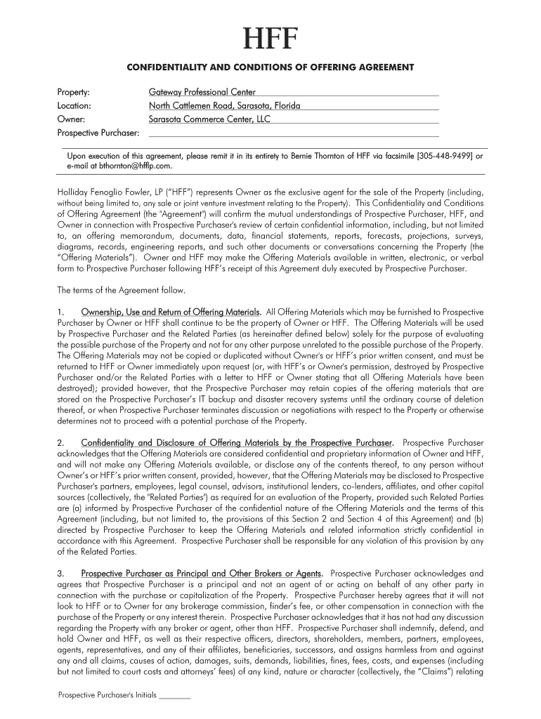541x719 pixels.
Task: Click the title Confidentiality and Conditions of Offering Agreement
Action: coord(270,67)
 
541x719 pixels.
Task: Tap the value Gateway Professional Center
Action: coord(202,92)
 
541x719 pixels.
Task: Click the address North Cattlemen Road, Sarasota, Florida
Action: coord(224,105)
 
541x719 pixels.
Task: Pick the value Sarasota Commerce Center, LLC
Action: coord(209,119)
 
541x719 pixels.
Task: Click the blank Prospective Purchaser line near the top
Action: coord(293,132)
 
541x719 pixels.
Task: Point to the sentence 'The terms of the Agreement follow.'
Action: coord(122,290)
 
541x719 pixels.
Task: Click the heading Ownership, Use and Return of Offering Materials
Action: coord(171,311)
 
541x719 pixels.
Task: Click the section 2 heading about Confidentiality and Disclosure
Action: coord(237,443)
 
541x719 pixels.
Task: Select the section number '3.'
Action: coord(61,574)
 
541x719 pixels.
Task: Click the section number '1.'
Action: coord(61,311)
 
